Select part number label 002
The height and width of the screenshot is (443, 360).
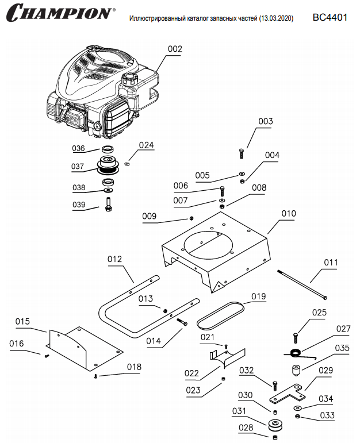[x=175, y=49]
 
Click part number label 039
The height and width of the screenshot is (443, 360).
[x=79, y=205]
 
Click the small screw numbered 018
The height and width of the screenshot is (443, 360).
[x=95, y=376]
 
